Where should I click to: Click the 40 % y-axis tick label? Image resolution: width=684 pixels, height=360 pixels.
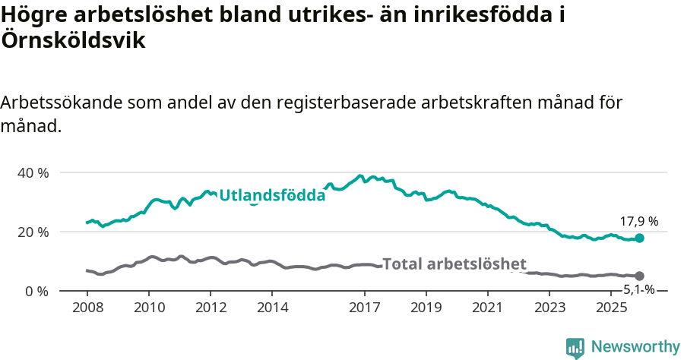click(x=33, y=172)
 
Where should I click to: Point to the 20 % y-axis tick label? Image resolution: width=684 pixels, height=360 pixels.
click(x=33, y=232)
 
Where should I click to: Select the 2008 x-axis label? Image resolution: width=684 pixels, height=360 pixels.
click(x=87, y=308)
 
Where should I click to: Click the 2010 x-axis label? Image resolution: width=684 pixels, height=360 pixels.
click(x=149, y=308)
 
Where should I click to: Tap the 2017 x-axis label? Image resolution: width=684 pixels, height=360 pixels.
click(x=364, y=308)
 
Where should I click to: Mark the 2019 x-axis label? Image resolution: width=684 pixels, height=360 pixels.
click(x=426, y=308)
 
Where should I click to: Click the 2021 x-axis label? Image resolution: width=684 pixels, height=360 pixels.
click(x=488, y=308)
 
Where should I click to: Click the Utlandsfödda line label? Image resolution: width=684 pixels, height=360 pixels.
click(x=272, y=196)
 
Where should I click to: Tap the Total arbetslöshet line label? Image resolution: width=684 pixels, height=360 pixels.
click(x=454, y=264)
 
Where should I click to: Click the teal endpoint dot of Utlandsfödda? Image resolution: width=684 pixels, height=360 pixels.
click(x=639, y=238)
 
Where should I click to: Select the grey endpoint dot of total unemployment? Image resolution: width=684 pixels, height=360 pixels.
click(x=639, y=276)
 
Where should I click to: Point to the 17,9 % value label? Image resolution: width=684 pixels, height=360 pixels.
click(x=638, y=222)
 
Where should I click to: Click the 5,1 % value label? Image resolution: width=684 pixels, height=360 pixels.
click(x=638, y=289)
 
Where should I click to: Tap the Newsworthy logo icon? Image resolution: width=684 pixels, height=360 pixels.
click(x=575, y=348)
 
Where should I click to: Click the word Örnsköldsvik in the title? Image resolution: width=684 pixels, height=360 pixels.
click(x=74, y=41)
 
